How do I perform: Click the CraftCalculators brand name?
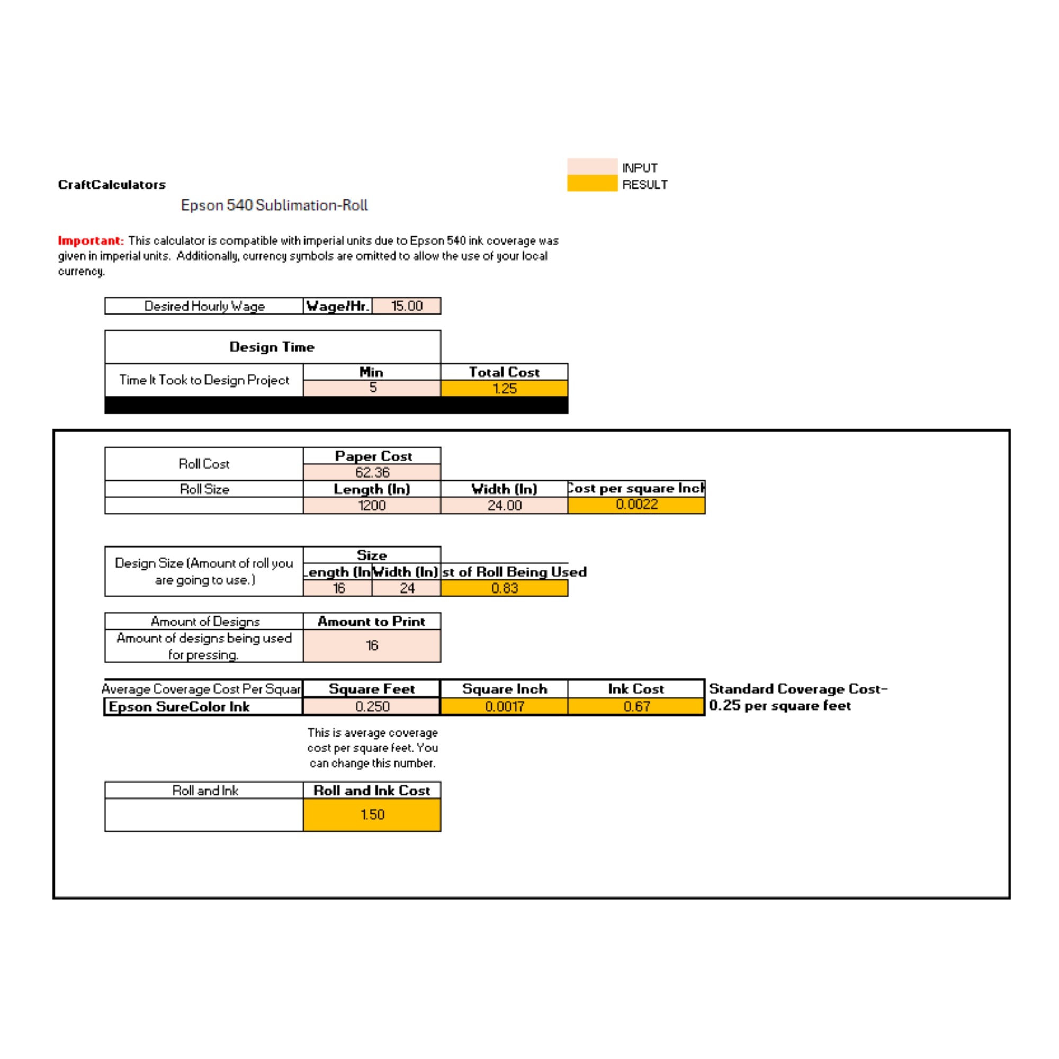click(x=112, y=184)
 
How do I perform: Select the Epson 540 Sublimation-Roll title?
click(x=274, y=205)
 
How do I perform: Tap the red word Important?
click(x=91, y=240)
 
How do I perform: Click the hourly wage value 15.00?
click(x=407, y=306)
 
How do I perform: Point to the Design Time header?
click(x=272, y=346)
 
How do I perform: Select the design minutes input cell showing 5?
click(x=372, y=388)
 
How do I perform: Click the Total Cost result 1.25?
click(x=504, y=389)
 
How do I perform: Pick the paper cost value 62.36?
click(x=372, y=472)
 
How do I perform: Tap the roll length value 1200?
click(x=372, y=505)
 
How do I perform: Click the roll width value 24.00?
click(x=504, y=505)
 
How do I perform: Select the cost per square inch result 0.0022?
click(x=636, y=504)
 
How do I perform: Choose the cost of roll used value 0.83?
click(x=504, y=588)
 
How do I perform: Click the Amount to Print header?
click(x=372, y=621)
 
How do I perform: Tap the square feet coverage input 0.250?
click(x=372, y=706)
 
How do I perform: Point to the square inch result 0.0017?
click(x=504, y=706)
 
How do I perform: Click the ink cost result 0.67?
click(x=636, y=706)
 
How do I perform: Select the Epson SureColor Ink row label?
click(x=180, y=706)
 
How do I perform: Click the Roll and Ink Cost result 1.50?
click(x=372, y=814)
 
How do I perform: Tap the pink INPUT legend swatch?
click(x=592, y=166)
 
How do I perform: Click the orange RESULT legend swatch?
click(x=592, y=183)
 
